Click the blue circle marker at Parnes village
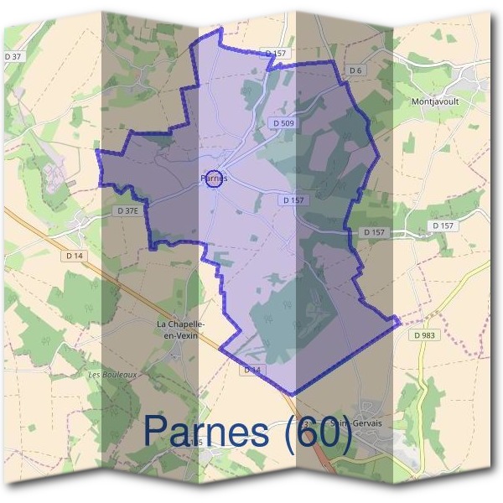(x=215, y=179)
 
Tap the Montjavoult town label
(x=435, y=101)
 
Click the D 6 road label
(x=355, y=70)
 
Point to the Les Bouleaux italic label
(x=111, y=375)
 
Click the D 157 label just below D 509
(x=293, y=200)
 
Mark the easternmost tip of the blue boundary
(x=399, y=322)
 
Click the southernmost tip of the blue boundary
(x=292, y=393)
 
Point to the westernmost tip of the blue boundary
(x=97, y=152)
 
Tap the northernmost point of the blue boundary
(x=220, y=29)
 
